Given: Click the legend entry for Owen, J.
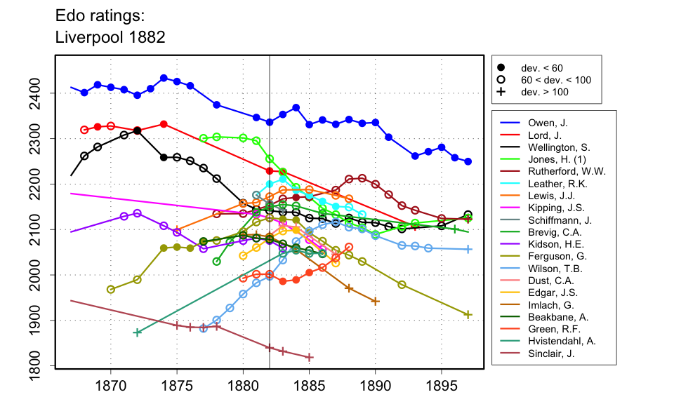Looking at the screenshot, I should click(548, 123).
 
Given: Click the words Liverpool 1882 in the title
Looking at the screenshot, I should click(110, 36).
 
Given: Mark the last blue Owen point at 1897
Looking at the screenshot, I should click(468, 161).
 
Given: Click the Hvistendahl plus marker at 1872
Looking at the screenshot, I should click(137, 332).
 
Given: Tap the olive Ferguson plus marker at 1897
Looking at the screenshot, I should click(468, 315).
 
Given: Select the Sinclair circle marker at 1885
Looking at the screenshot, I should click(310, 357).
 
